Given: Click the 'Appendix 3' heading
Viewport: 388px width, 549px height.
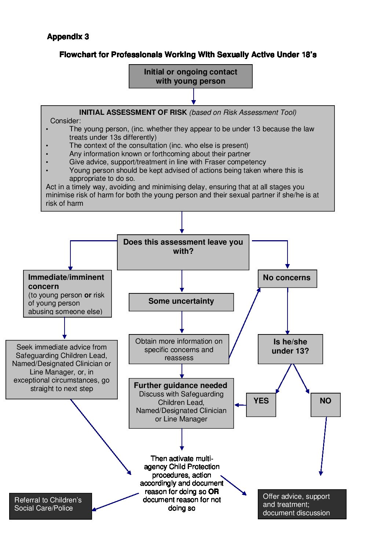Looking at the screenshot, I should (68, 37).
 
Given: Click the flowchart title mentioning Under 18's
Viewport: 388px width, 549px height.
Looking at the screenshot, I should (188, 55).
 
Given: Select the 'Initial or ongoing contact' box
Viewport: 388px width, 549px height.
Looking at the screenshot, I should (190, 76).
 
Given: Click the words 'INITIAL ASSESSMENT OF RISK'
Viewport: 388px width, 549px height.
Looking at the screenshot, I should (133, 113).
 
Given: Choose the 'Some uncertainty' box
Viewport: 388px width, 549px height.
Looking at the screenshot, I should (181, 302).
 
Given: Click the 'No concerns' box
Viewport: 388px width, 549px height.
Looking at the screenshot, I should (287, 278).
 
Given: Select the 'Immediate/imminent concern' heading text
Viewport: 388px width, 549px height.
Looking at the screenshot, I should (66, 282).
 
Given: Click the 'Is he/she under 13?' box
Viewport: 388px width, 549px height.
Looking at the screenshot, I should (290, 348).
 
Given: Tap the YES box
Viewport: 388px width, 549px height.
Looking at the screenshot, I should (261, 404).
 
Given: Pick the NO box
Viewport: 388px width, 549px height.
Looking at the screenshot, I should (325, 404).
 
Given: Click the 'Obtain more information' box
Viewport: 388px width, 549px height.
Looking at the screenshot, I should (179, 349).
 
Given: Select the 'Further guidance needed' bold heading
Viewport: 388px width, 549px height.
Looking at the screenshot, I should (180, 385).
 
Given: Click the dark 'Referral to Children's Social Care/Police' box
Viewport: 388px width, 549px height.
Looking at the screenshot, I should (50, 506).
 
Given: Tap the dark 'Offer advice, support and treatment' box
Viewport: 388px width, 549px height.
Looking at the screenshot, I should (301, 504).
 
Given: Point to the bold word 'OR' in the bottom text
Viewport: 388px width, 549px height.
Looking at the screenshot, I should (213, 491).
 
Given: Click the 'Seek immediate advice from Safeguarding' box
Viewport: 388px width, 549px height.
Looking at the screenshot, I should (61, 369).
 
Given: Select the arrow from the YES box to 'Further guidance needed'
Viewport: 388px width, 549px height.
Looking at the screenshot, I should (240, 405).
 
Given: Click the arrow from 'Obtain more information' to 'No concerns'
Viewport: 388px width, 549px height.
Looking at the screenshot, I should (245, 323).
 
